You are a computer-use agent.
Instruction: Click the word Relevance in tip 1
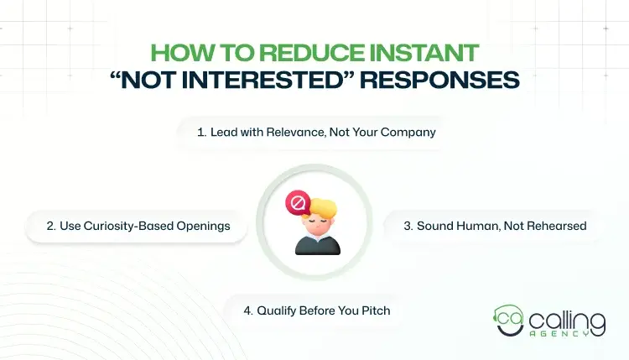(279, 132)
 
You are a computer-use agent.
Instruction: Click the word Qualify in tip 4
(278, 310)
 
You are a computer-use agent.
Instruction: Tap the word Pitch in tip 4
(375, 310)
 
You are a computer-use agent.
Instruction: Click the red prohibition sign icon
(296, 202)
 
